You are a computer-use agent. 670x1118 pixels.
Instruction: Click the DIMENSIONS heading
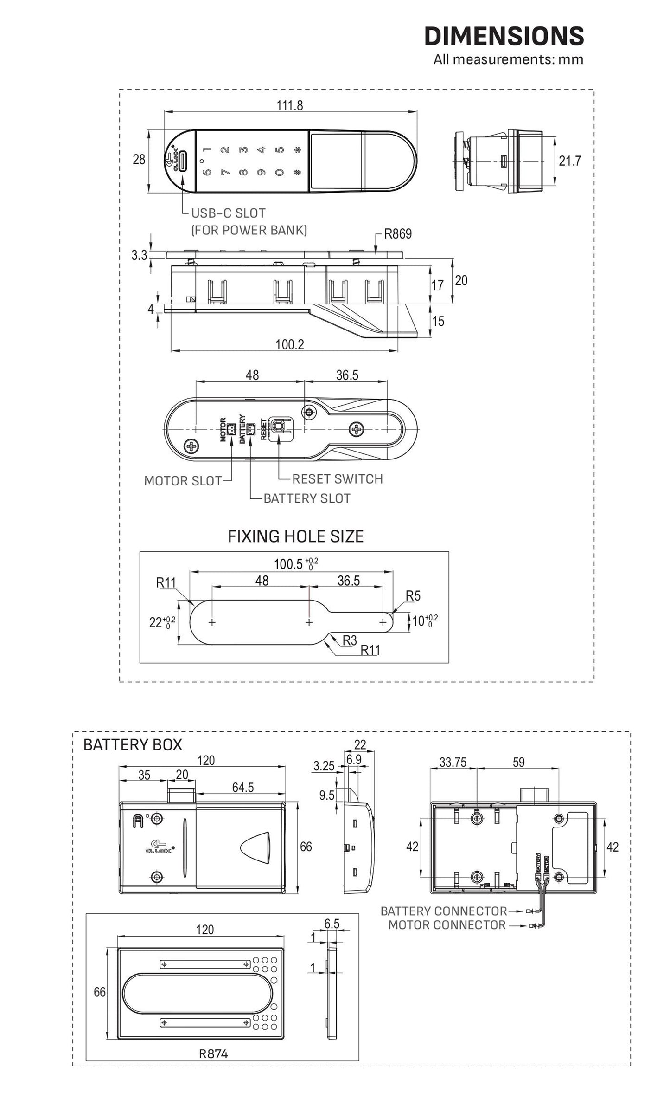coord(504,36)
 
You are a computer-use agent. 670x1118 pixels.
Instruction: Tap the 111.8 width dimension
coord(290,106)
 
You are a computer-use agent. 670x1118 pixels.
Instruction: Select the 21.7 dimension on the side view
coord(569,161)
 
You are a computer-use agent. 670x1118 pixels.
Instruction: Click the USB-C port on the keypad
coord(182,161)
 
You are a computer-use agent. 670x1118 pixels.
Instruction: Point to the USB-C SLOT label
coord(229,213)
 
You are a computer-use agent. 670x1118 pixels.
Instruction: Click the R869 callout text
coord(398,234)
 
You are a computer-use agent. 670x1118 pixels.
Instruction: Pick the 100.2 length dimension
coord(289,344)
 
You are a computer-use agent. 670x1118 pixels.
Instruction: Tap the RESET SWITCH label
coord(338,479)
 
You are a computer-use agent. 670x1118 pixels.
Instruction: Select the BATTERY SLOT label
coord(307,498)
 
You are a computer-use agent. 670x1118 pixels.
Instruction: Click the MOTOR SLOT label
coord(183,481)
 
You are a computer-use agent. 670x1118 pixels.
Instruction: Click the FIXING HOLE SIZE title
coord(295,536)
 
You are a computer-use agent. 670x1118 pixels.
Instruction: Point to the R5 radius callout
coord(413,595)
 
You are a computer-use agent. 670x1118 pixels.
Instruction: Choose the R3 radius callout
coord(350,640)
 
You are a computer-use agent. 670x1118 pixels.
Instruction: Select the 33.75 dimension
coord(453,763)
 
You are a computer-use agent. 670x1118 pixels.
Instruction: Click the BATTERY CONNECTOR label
coord(444,911)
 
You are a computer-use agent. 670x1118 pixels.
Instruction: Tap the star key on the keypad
coord(298,150)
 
